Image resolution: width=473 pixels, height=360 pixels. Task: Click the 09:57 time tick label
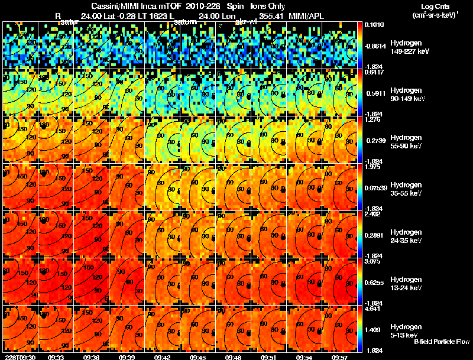click(x=339, y=357)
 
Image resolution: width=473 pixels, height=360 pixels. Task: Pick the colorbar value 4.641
click(x=372, y=309)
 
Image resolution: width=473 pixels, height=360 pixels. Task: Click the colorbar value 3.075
click(x=372, y=262)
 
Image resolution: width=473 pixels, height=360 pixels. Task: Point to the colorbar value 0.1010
click(x=374, y=25)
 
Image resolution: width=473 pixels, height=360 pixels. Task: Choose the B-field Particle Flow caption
click(x=441, y=342)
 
